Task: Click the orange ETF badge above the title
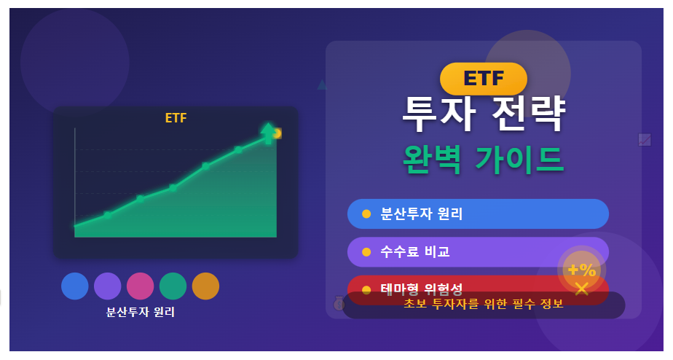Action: tap(483, 79)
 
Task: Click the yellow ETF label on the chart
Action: tap(176, 118)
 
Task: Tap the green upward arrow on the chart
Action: tap(268, 133)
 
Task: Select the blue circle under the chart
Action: tap(75, 286)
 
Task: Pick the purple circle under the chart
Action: tap(108, 286)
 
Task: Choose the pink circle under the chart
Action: tap(141, 286)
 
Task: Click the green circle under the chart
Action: tap(173, 286)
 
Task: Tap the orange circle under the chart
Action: tap(205, 286)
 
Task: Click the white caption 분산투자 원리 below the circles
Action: tap(141, 312)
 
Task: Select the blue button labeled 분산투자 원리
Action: tap(478, 214)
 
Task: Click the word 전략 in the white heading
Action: tap(529, 114)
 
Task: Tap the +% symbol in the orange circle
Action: tap(582, 269)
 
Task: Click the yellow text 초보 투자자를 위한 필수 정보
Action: tap(484, 305)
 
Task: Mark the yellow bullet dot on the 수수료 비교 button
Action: tap(366, 252)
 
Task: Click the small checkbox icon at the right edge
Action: tap(645, 139)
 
